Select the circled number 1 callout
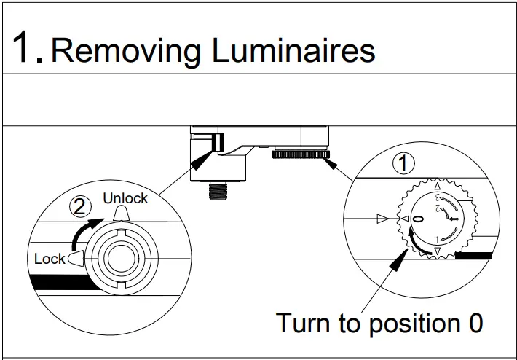tap(403, 163)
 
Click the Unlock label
tap(125, 198)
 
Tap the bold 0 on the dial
tap(417, 219)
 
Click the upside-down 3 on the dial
tap(438, 197)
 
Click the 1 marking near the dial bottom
tap(436, 240)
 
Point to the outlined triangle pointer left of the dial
tap(384, 218)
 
